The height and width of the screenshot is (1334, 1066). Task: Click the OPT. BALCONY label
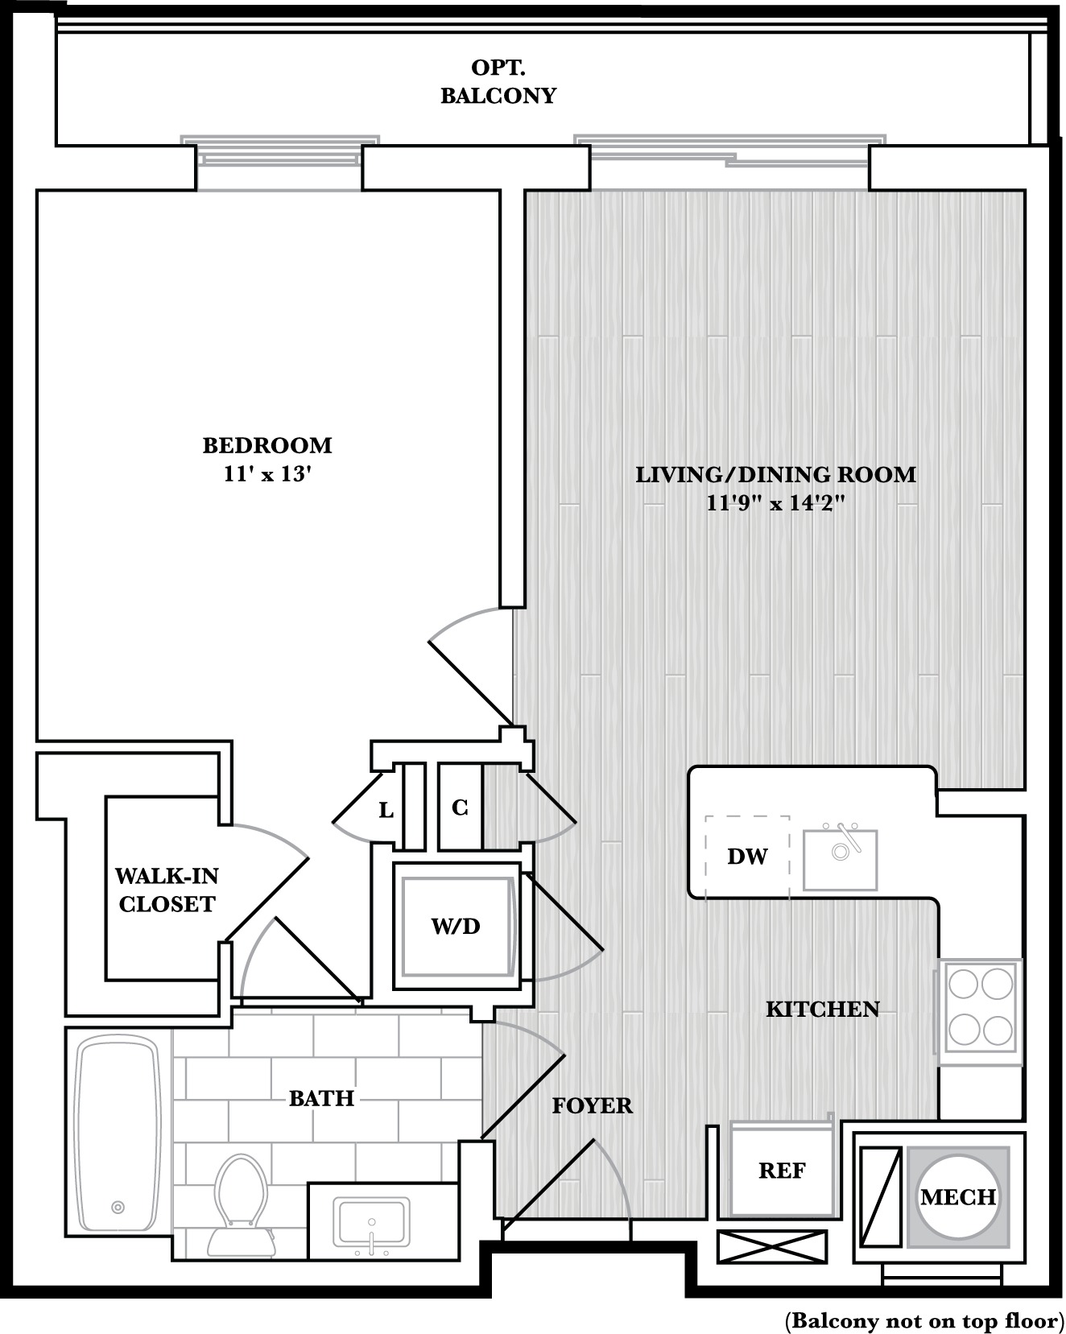pyautogui.click(x=498, y=81)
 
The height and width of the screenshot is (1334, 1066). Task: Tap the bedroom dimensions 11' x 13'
pyautogui.click(x=267, y=474)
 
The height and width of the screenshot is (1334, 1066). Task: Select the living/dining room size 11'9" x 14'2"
pyautogui.click(x=775, y=504)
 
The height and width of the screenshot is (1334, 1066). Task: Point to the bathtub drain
pyautogui.click(x=118, y=1207)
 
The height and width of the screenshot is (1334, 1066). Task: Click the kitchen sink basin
pyautogui.click(x=840, y=859)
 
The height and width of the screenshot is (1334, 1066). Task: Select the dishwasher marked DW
pyautogui.click(x=747, y=856)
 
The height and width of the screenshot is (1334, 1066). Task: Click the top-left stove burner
pyautogui.click(x=963, y=983)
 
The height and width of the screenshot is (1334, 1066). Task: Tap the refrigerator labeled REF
pyautogui.click(x=782, y=1169)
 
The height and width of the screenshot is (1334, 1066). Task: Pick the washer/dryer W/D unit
pyautogui.click(x=457, y=926)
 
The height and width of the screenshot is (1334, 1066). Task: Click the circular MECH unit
pyautogui.click(x=958, y=1197)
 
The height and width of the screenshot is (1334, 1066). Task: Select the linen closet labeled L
pyautogui.click(x=386, y=810)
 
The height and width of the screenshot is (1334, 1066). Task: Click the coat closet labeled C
pyautogui.click(x=460, y=807)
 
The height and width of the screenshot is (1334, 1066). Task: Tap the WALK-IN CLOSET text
pyautogui.click(x=167, y=890)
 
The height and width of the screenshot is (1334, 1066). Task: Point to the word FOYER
pyautogui.click(x=593, y=1105)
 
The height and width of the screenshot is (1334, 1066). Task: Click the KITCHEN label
pyautogui.click(x=822, y=1009)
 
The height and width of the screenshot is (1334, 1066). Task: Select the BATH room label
pyautogui.click(x=322, y=1098)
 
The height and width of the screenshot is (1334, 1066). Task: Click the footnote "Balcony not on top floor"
pyautogui.click(x=923, y=1320)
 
